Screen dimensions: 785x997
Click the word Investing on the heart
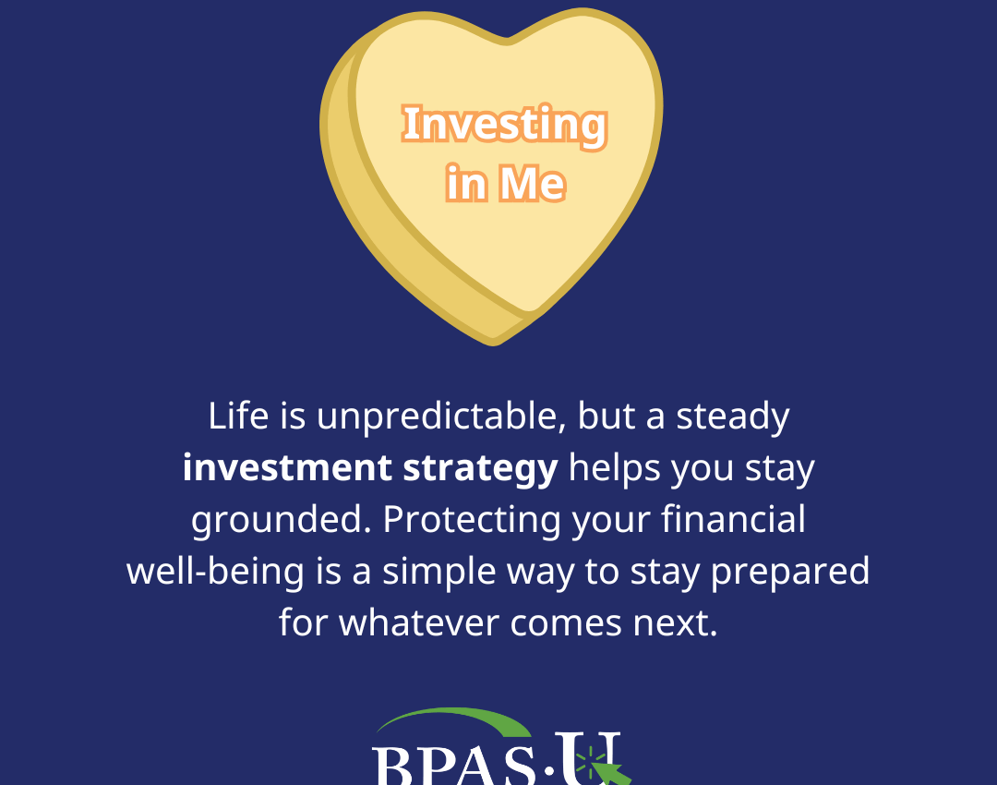(x=505, y=127)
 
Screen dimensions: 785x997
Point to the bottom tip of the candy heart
(x=494, y=342)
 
